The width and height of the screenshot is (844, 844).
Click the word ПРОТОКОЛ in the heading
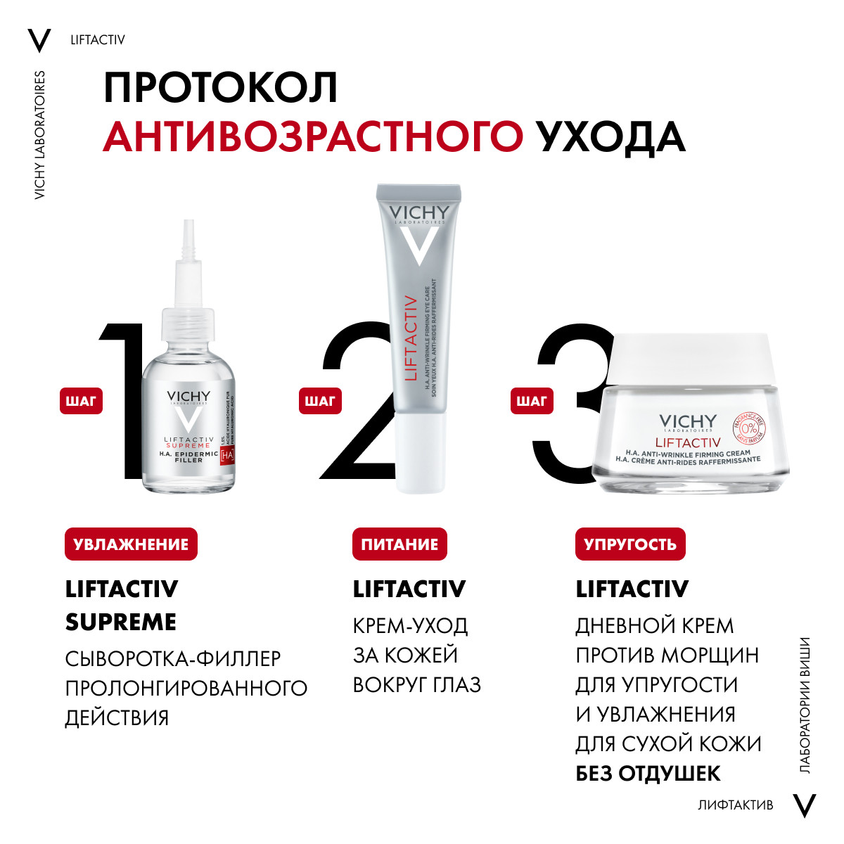(x=221, y=88)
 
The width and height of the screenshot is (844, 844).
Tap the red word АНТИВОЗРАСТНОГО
(x=313, y=137)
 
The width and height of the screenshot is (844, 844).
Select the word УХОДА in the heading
(x=610, y=137)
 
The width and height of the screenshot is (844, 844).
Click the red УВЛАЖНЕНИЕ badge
(x=131, y=544)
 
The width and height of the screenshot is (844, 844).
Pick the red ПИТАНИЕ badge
(x=399, y=544)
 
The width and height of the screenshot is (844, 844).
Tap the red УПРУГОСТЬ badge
(x=630, y=544)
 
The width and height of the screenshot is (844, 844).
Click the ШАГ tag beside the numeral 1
(x=81, y=401)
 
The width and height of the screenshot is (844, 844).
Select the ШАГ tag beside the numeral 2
(x=320, y=401)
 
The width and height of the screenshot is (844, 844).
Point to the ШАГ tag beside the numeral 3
(x=532, y=401)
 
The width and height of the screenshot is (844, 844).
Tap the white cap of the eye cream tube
(x=420, y=454)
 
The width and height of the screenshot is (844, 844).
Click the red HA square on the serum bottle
(x=226, y=456)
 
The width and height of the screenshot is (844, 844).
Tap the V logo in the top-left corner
(x=39, y=41)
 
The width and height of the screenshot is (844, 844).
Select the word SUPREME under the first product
(x=121, y=622)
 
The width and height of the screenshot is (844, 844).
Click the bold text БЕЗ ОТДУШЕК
(x=648, y=774)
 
